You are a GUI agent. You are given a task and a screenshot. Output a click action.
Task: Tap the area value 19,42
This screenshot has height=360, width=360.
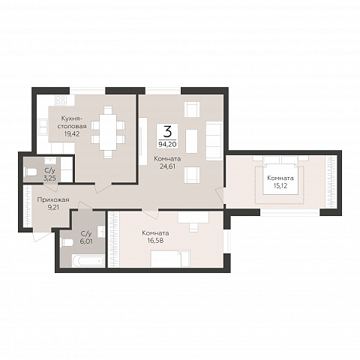coord(72,133)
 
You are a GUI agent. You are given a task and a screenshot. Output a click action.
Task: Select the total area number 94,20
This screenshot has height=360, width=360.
coord(167,144)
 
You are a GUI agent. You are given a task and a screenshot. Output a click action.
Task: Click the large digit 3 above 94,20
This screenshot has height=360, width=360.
coord(168,132)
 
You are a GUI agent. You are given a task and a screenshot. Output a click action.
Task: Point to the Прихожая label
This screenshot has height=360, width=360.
coord(53,199)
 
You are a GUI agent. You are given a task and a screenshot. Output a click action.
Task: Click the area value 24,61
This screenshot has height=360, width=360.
coord(167,166)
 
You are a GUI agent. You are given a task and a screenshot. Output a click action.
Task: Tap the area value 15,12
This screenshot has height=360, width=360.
coord(280,186)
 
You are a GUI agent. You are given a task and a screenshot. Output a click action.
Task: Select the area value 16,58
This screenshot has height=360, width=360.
coord(155,241)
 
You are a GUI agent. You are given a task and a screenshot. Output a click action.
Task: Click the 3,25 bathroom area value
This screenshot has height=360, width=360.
coord(49,178)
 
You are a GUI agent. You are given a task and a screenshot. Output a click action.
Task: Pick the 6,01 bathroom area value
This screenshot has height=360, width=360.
coord(86,241)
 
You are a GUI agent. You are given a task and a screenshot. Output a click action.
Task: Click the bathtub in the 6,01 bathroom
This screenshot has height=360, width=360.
coord(88,261)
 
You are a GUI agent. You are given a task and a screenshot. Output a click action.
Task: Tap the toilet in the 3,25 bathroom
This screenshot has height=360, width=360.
coord(31,172)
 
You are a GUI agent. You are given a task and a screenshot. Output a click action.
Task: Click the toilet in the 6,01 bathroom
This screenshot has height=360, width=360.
coord(67,242)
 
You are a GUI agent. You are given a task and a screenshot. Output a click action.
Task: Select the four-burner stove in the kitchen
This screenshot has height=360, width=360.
coord(61,100)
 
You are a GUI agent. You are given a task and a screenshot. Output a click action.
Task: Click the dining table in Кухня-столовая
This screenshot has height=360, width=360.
coord(108,132)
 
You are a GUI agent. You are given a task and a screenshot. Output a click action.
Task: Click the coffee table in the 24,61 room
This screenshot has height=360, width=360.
coord(191,141)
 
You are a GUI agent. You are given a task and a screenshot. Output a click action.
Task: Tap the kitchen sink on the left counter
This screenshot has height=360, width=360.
coord(43,127)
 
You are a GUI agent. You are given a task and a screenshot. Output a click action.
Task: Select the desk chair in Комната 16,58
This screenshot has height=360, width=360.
coord(193,227)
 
